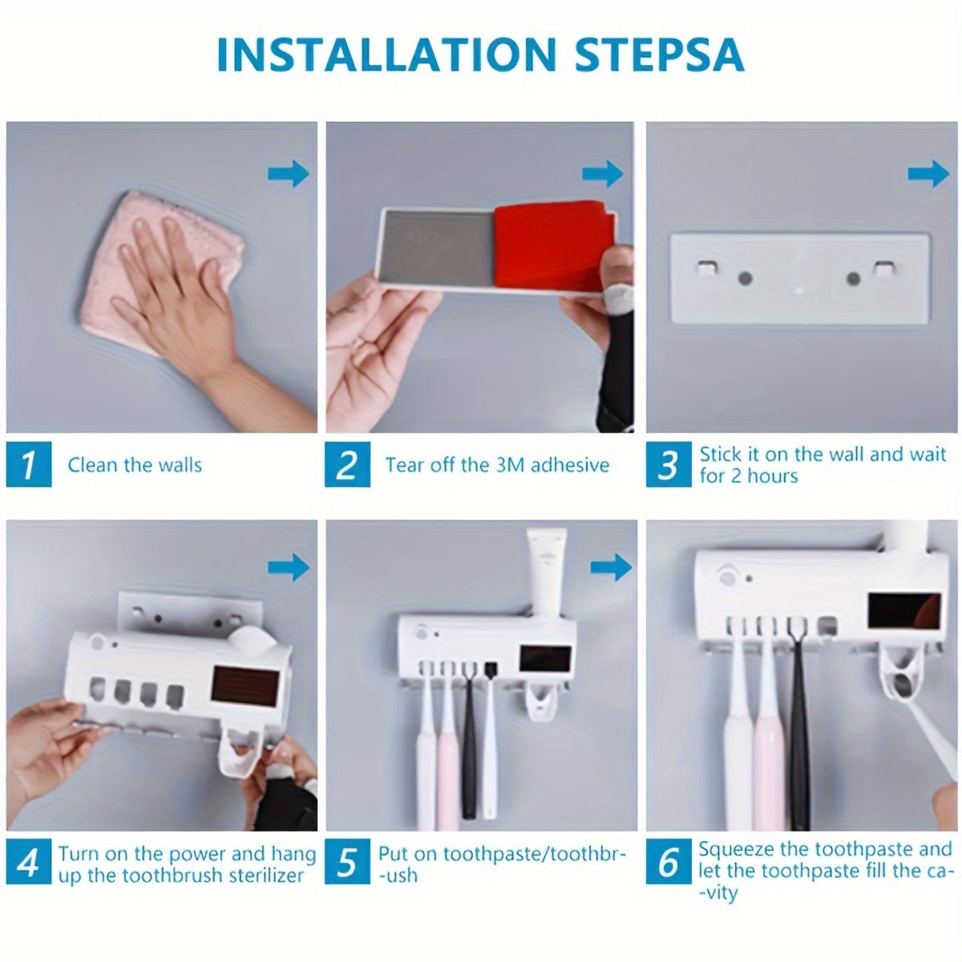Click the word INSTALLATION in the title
(x=386, y=55)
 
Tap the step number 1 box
(x=29, y=464)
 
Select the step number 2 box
(x=347, y=464)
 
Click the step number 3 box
(x=668, y=464)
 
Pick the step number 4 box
(x=29, y=863)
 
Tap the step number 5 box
(x=347, y=863)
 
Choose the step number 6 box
(x=668, y=863)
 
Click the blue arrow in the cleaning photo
(x=289, y=173)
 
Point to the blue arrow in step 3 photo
(x=929, y=173)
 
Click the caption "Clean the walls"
(x=135, y=465)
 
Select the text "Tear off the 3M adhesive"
(x=497, y=465)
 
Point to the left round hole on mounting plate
(x=746, y=279)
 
